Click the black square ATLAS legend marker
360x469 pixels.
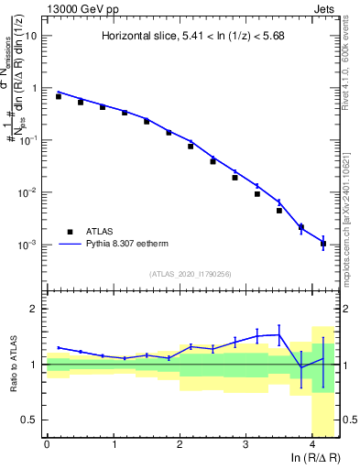[69, 232]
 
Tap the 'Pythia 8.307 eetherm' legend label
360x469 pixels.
[129, 245]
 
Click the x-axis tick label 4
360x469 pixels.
[313, 443]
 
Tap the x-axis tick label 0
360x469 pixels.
[47, 443]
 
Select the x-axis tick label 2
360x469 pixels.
[180, 443]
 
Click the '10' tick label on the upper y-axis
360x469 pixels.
[30, 36]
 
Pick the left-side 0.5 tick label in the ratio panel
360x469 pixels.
[28, 420]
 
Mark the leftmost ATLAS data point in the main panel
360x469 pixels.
[59, 96]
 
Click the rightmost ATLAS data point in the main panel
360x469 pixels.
[323, 244]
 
